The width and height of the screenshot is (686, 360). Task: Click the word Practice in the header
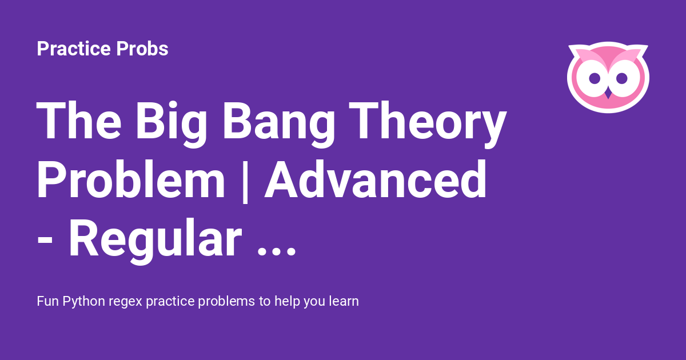point(74,49)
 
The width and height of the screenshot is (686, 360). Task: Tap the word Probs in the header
point(142,49)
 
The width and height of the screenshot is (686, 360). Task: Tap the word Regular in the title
point(155,241)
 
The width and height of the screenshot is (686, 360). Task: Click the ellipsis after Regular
point(277,252)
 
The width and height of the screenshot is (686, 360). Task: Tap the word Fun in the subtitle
point(48,301)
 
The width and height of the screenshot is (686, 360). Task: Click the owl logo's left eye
point(595,78)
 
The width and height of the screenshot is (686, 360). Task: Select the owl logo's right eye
point(622,78)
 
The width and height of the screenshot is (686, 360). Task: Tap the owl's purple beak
point(608,94)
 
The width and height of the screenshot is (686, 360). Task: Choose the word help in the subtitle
point(287,302)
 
